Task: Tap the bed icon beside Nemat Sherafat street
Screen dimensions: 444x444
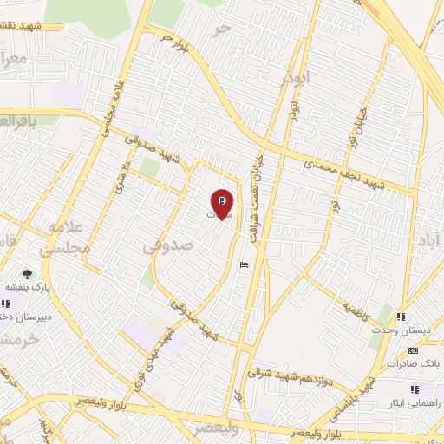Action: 242,264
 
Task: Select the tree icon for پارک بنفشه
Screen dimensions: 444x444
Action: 28,274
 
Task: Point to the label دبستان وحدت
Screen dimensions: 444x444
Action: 404,331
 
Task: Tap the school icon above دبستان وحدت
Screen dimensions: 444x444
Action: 402,318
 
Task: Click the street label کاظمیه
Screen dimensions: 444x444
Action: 357,308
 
